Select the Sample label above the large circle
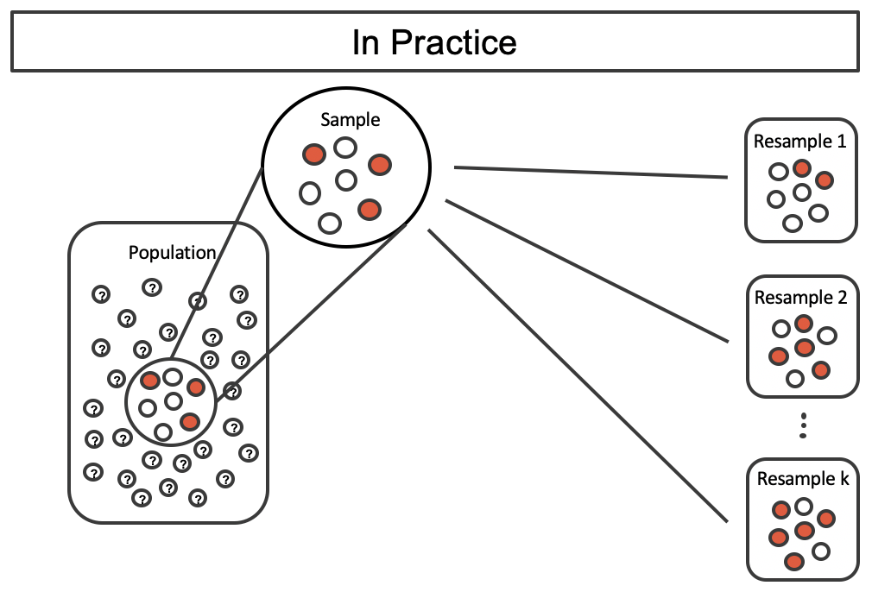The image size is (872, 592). point(350,120)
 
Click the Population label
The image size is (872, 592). point(172,253)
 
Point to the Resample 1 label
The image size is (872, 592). point(799,142)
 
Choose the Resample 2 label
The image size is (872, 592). point(800,298)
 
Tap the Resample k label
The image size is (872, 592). point(802,479)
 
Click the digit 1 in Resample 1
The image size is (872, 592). point(840,142)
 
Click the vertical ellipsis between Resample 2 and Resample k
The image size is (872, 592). point(803,425)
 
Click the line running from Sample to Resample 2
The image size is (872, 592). point(587,270)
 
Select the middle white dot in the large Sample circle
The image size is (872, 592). point(346,180)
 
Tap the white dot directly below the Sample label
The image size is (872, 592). point(345,148)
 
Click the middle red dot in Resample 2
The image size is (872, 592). point(805,348)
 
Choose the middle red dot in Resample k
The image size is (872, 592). point(805,530)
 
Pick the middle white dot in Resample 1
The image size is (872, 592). point(802,192)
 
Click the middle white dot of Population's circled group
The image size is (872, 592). point(174,401)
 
